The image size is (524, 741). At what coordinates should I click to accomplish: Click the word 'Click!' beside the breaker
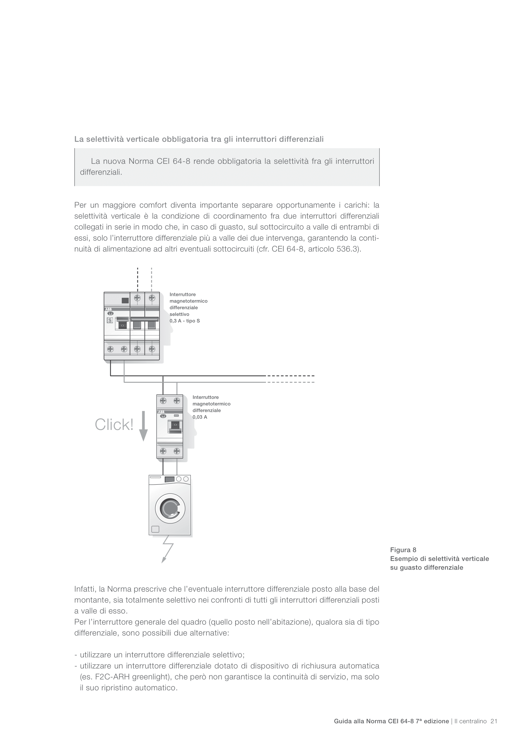114,425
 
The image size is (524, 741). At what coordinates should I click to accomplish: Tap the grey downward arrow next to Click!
143,426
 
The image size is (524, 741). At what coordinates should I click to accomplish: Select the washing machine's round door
170,509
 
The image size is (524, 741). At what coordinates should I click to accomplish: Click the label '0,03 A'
200,417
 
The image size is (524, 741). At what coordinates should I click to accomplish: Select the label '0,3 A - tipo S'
185,321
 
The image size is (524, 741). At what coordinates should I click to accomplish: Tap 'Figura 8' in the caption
403,550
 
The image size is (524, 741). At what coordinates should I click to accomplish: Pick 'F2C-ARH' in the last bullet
112,677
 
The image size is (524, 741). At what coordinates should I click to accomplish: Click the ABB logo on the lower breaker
161,412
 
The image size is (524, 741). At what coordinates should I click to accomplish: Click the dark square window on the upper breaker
125,300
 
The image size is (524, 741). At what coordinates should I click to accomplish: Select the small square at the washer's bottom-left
155,529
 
